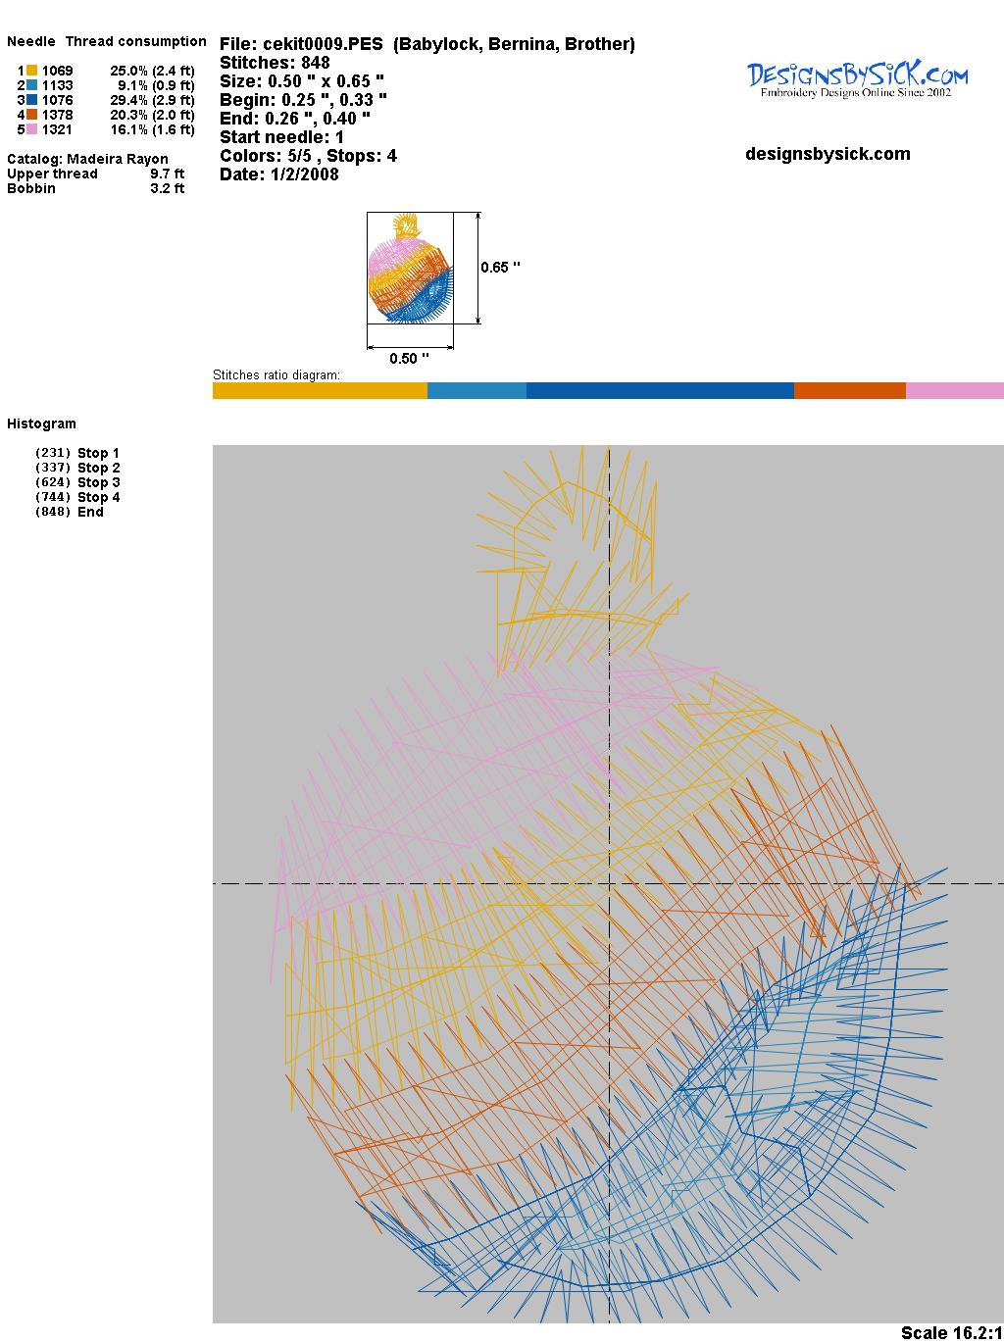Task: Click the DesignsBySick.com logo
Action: (857, 79)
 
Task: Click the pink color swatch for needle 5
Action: (31, 129)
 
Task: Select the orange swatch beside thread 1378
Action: (31, 115)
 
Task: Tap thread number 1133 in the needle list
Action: (58, 85)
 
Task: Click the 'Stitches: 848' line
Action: (275, 63)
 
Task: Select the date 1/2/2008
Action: (304, 174)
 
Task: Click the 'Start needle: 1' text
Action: (281, 137)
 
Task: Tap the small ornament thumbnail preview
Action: (410, 268)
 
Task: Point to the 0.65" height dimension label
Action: (500, 268)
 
